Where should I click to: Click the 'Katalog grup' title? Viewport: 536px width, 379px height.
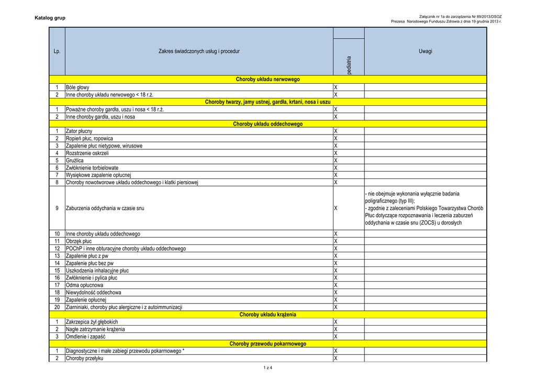tap(50, 19)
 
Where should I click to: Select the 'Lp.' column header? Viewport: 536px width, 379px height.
tap(57, 51)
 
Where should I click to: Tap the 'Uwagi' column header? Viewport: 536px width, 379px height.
tap(425, 51)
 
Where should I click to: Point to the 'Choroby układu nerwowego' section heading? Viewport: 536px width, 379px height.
tap(267, 80)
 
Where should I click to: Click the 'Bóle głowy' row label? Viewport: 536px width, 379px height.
tap(77, 87)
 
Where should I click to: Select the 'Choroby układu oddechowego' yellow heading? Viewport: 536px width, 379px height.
tap(267, 124)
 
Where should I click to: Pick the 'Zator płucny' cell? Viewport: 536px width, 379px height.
tap(79, 131)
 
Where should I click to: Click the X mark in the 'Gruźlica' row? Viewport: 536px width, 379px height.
tap(336, 160)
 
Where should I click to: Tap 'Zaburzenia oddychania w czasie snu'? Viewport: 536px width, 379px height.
tap(105, 208)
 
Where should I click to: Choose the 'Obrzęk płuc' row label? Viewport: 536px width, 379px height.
tap(79, 241)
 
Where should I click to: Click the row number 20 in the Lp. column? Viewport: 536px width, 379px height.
tap(57, 307)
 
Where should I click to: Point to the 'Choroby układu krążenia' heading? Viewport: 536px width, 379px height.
tap(267, 315)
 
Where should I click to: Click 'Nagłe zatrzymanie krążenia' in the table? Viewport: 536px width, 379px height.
tap(95, 329)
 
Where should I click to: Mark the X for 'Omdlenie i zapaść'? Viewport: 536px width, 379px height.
tap(336, 337)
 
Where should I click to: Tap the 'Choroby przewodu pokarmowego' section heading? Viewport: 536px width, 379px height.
tap(267, 344)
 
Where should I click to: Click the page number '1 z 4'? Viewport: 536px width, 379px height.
tap(268, 367)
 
